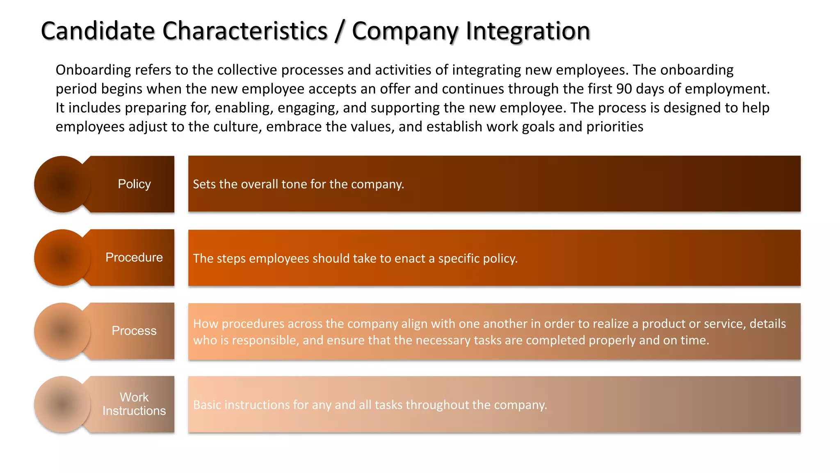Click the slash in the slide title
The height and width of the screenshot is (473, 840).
click(339, 32)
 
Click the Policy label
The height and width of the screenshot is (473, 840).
click(134, 184)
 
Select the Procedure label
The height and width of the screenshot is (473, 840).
click(134, 257)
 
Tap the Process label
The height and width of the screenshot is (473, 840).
click(134, 331)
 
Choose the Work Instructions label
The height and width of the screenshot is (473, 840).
click(134, 404)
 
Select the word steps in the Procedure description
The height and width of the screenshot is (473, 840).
click(231, 258)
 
